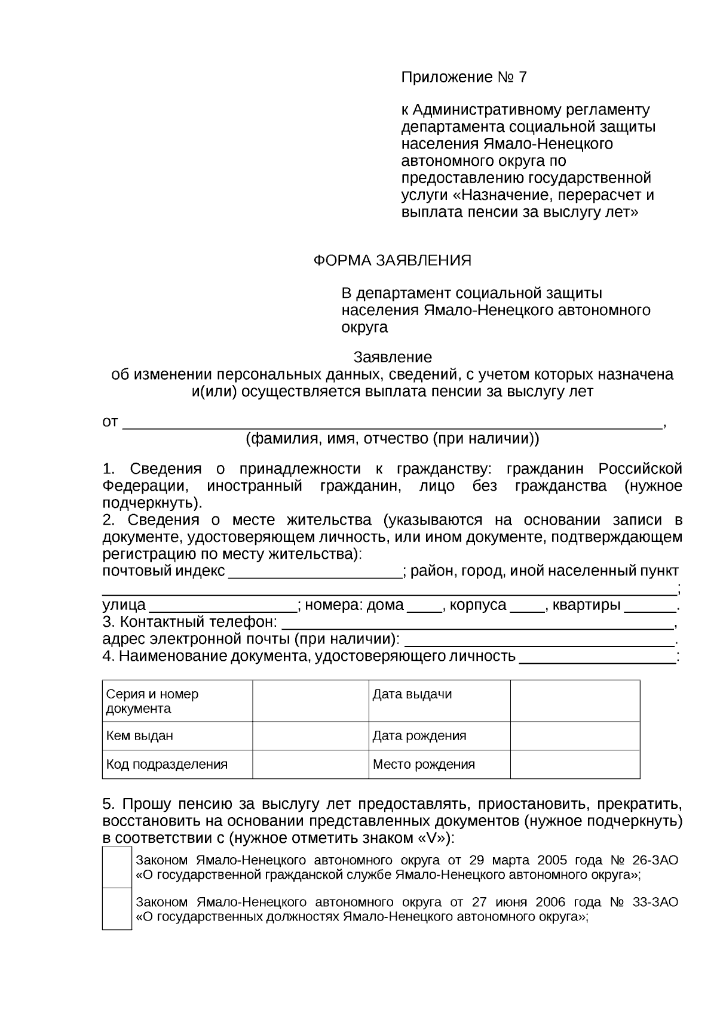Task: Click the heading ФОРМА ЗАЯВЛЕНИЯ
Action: (x=393, y=260)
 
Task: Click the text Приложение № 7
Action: (x=464, y=77)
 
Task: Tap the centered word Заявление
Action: (x=393, y=357)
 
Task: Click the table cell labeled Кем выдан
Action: (x=177, y=735)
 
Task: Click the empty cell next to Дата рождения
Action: (x=575, y=735)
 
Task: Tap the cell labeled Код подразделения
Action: (x=177, y=764)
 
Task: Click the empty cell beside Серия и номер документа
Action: (x=310, y=701)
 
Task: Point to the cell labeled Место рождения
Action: (x=439, y=764)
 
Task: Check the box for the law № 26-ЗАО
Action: (x=117, y=867)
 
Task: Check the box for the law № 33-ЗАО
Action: (x=117, y=909)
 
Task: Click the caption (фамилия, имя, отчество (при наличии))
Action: (x=392, y=439)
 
